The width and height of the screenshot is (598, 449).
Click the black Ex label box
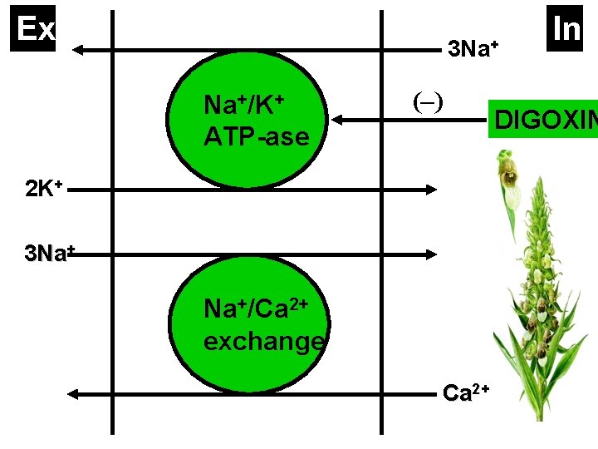(x=36, y=29)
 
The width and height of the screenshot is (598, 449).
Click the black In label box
(x=566, y=29)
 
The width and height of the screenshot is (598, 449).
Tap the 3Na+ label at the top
(x=472, y=49)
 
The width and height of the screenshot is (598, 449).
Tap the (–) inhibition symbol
(x=428, y=101)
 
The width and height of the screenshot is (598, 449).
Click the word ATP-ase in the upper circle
(x=256, y=136)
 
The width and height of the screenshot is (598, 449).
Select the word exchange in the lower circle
(x=263, y=341)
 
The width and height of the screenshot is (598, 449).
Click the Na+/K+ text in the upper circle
(x=244, y=106)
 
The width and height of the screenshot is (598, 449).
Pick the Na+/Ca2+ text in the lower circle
(x=257, y=309)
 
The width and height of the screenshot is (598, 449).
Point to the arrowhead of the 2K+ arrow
(x=432, y=190)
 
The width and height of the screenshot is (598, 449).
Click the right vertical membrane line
(x=381, y=224)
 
